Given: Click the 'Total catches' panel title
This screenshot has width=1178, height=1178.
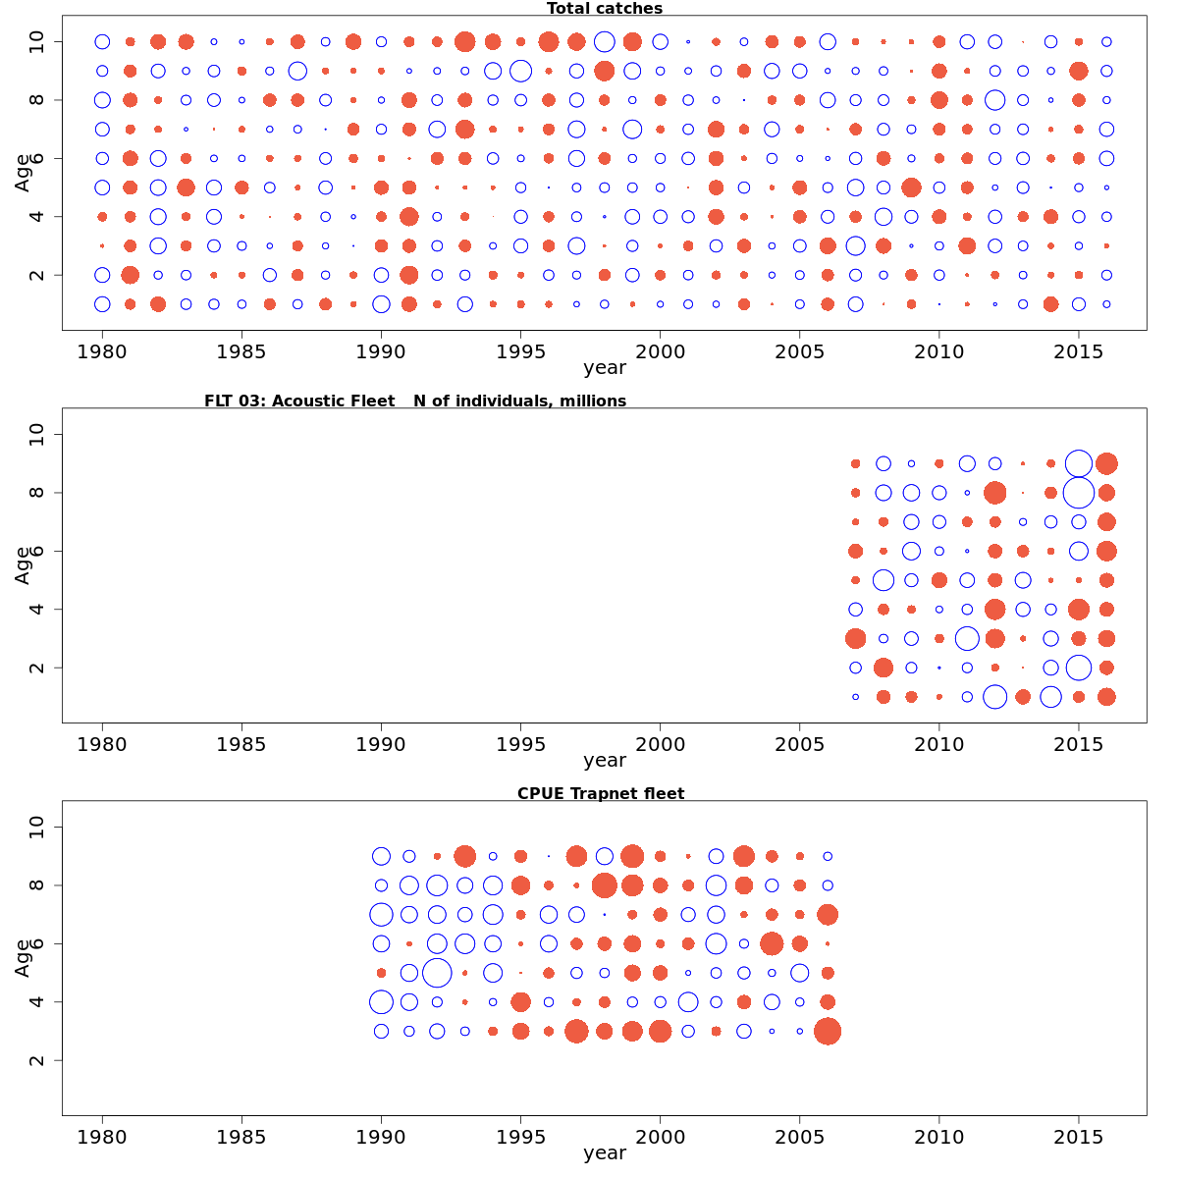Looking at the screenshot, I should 604,9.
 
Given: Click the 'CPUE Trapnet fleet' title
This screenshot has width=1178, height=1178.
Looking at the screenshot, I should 601,793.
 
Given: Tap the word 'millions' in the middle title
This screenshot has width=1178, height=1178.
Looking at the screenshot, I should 589,401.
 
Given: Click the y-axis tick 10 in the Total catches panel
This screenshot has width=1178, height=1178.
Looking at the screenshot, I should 38,41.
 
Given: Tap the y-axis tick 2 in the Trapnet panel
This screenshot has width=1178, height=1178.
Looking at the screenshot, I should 38,1060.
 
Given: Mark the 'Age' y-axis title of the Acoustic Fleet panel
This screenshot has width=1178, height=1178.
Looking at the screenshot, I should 24,565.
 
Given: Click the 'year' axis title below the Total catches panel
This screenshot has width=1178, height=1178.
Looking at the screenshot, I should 604,368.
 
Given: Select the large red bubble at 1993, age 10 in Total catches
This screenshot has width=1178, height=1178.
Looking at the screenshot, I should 465,41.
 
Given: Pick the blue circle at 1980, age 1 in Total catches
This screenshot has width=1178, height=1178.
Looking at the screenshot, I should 102,304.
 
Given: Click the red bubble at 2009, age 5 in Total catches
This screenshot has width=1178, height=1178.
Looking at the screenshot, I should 911,187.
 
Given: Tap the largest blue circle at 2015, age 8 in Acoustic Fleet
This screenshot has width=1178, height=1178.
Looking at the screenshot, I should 1079,492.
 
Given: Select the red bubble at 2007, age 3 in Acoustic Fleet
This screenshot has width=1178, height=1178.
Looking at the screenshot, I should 855,638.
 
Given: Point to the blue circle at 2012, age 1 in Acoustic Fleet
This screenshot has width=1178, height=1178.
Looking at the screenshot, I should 994,697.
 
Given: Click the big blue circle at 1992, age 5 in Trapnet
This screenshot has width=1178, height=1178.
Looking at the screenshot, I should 437,973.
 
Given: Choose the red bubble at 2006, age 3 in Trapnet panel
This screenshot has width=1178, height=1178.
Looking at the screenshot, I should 828,1031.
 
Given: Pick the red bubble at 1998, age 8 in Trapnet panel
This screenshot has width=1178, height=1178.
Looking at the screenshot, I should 605,885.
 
